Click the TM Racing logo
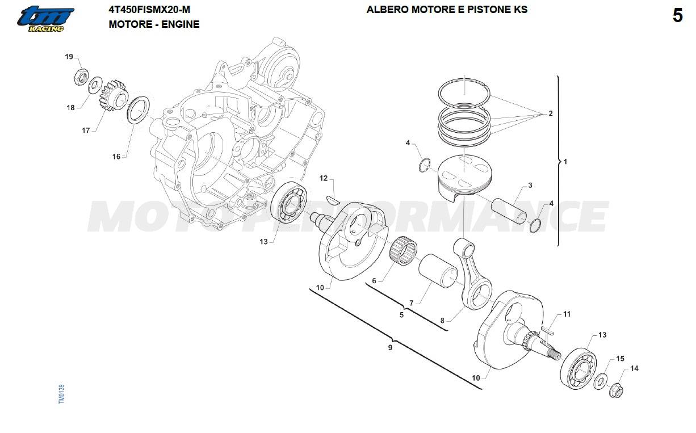pyautogui.click(x=45, y=19)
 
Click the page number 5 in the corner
pyautogui.click(x=678, y=15)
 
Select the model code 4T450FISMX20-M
pyautogui.click(x=149, y=10)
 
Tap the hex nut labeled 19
pyautogui.click(x=81, y=77)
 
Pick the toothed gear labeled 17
pyautogui.click(x=113, y=96)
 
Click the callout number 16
pyautogui.click(x=116, y=156)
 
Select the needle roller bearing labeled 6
pyautogui.click(x=403, y=250)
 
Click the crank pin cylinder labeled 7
pyautogui.click(x=438, y=270)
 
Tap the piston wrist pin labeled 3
pyautogui.click(x=509, y=211)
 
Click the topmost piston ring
pyautogui.click(x=464, y=93)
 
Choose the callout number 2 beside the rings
pyautogui.click(x=551, y=113)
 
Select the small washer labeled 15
pyautogui.click(x=599, y=381)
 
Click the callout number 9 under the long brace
pyautogui.click(x=390, y=347)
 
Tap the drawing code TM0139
pyautogui.click(x=61, y=394)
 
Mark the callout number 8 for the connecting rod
pyautogui.click(x=442, y=321)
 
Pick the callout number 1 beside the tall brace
pyautogui.click(x=565, y=162)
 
